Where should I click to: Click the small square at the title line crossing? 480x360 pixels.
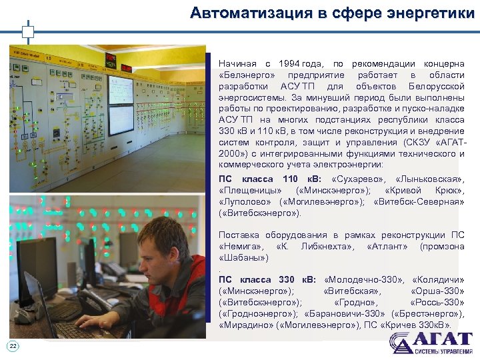tap(27, 31)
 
